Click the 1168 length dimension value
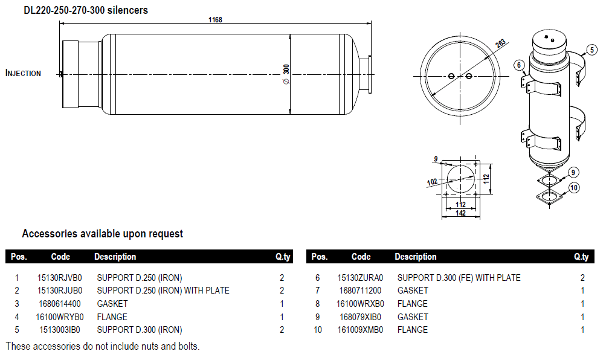coord(215,20)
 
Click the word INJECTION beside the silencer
coord(24,73)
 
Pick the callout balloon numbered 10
coord(574,188)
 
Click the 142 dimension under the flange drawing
coord(461,213)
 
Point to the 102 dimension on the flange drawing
coord(432,181)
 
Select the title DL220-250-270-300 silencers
coord(86,10)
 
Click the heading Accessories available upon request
coord(102,234)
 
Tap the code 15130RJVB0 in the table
coord(60,278)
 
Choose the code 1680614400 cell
coord(60,304)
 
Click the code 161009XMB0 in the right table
coord(360,330)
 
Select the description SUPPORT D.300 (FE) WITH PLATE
coord(459,278)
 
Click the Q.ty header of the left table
coord(283,257)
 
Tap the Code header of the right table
coord(361,257)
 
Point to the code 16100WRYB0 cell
coord(60,317)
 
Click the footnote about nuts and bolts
coord(103,346)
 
